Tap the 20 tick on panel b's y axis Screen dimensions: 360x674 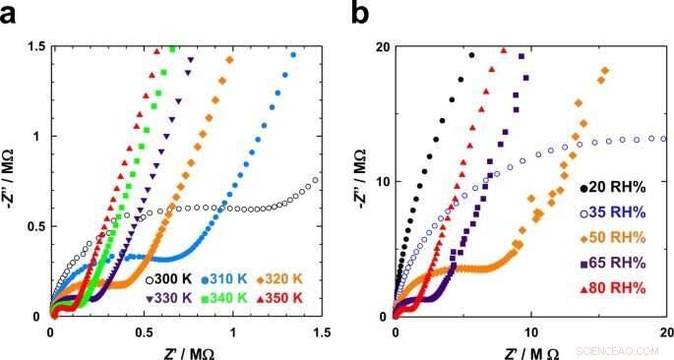(x=379, y=46)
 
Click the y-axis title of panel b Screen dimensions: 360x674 (x=361, y=182)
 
